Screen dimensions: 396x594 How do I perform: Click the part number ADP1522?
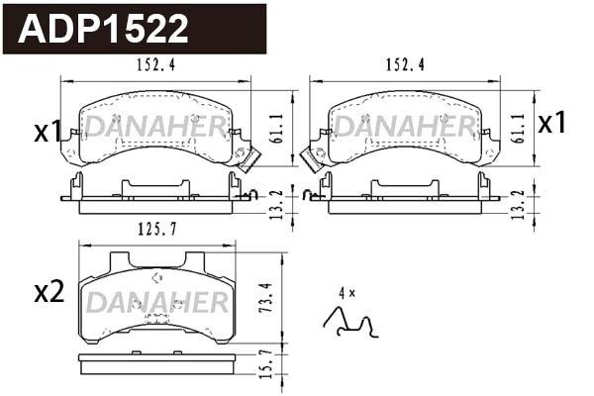tap(105, 29)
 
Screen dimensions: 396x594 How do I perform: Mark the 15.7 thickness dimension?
tap(262, 365)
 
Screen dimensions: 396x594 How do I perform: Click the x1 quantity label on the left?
tap(46, 132)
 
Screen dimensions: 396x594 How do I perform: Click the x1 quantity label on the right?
tap(551, 123)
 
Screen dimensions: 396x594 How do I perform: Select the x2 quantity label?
tap(49, 292)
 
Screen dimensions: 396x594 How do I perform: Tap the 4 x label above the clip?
tap(346, 293)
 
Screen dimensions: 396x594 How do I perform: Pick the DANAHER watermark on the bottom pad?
tap(157, 302)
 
